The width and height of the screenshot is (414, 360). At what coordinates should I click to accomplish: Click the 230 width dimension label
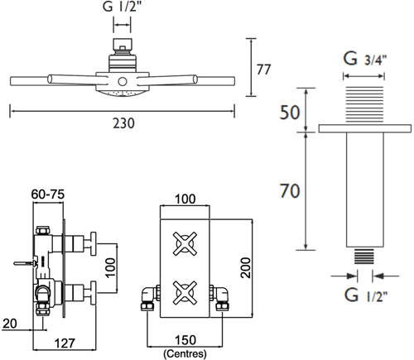click(x=123, y=123)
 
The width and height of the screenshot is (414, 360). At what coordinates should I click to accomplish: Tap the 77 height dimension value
click(x=263, y=70)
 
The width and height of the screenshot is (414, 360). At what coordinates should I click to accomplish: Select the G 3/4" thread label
click(x=365, y=59)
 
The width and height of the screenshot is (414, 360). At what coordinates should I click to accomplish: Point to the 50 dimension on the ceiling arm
click(x=290, y=113)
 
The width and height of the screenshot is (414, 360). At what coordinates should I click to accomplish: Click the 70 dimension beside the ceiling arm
click(x=290, y=191)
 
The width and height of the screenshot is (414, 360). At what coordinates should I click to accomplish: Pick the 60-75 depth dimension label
click(x=47, y=194)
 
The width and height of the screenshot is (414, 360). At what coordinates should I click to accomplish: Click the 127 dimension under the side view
click(x=65, y=343)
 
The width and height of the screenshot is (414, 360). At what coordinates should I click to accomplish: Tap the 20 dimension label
click(x=10, y=324)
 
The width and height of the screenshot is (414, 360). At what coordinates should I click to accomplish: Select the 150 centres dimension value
click(x=185, y=340)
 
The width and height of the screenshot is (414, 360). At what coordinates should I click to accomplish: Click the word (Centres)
click(x=185, y=353)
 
